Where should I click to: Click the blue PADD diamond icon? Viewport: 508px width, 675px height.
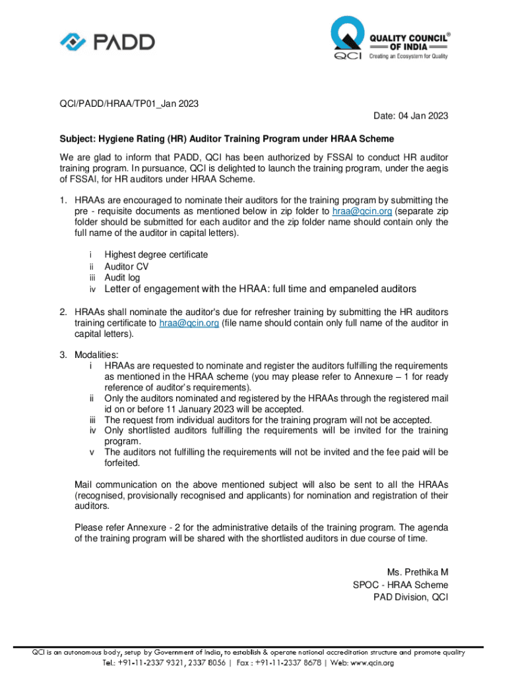[72, 42]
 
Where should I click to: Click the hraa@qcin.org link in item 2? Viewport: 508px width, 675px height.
[189, 323]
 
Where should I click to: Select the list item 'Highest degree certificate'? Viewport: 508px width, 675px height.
[156, 254]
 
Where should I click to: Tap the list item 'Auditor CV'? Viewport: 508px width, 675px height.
[126, 266]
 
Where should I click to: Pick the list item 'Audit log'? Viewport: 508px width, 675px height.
[122, 278]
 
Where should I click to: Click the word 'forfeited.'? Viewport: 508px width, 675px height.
[122, 463]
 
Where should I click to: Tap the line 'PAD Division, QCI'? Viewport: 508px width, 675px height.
[410, 597]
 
